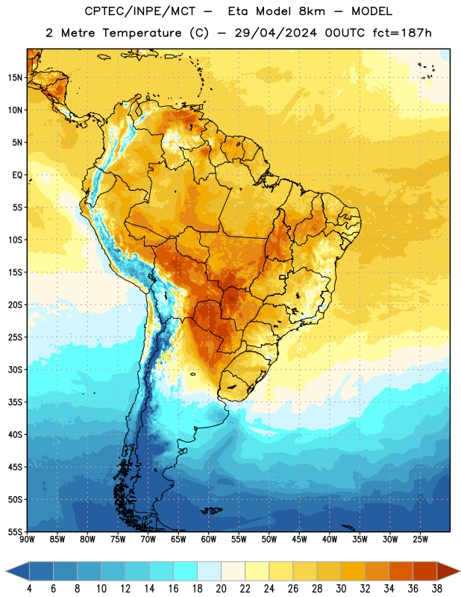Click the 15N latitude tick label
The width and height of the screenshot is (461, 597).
click(15, 78)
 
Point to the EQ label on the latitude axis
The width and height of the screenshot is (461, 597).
click(17, 175)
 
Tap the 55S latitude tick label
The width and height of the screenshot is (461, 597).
click(15, 531)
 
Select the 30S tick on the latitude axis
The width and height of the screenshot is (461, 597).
click(15, 369)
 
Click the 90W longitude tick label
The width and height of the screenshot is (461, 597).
click(27, 540)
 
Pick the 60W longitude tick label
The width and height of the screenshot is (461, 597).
click(209, 540)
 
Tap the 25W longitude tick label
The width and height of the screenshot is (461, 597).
click(420, 540)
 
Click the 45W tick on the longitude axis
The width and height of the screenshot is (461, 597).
click(299, 540)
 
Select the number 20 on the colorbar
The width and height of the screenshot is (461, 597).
click(221, 589)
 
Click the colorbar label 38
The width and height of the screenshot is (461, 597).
click(437, 589)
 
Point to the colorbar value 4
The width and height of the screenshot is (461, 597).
click(29, 589)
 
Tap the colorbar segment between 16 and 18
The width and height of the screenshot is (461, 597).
click(185, 571)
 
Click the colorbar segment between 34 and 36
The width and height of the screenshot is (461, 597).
click(401, 571)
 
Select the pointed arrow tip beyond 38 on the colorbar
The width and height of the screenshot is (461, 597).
click(460, 571)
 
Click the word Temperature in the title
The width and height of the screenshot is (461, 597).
click(142, 33)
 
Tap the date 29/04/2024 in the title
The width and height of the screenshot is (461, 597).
click(275, 33)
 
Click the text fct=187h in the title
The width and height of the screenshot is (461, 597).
click(402, 33)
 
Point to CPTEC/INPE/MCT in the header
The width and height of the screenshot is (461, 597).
click(140, 11)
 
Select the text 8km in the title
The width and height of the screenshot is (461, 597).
click(312, 11)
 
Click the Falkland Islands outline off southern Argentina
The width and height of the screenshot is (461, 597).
click(212, 510)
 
